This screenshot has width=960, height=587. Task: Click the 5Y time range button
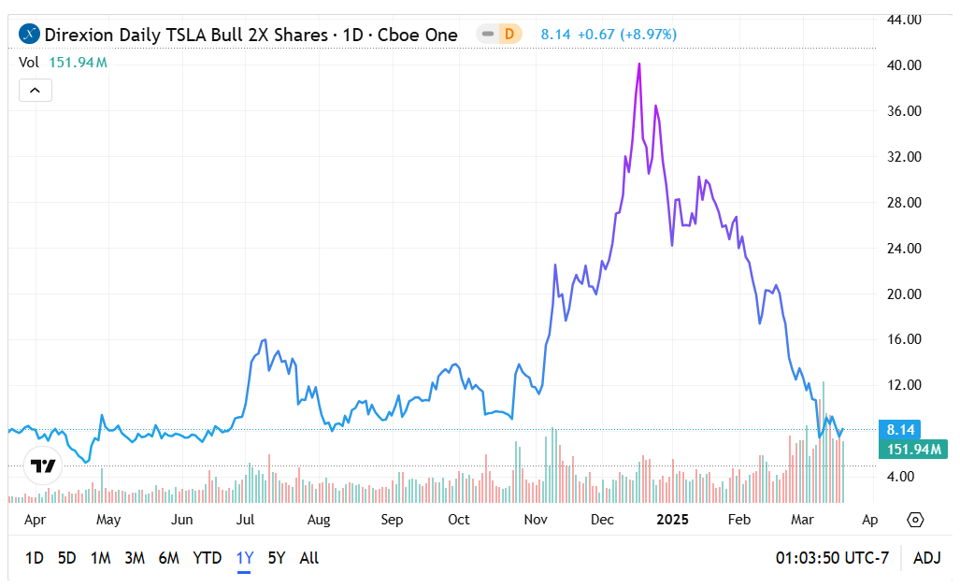pos(276,558)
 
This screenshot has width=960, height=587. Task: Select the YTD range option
pos(207,558)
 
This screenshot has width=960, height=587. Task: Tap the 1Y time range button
pos(244,558)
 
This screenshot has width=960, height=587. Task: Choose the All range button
pos(308,558)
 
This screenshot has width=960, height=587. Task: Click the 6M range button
pos(168,558)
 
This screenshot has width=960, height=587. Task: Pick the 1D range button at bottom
pos(34,558)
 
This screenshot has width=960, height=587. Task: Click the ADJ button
pos(926,558)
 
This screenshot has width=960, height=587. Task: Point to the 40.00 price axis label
pos(904,65)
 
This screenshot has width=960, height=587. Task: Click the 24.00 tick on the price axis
pos(904,249)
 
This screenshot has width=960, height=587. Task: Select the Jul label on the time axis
pos(247,520)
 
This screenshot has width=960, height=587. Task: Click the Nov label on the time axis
pos(535,520)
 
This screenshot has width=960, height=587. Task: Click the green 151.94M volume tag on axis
pos(913,450)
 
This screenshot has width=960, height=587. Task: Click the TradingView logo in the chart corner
pos(43,465)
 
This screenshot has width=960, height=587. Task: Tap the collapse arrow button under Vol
pos(36,91)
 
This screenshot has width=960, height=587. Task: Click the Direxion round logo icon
pos(30,35)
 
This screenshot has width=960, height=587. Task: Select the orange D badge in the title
pos(509,35)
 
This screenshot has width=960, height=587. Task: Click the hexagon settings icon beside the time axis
pos(915,520)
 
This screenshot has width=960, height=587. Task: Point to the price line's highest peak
pos(639,64)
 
